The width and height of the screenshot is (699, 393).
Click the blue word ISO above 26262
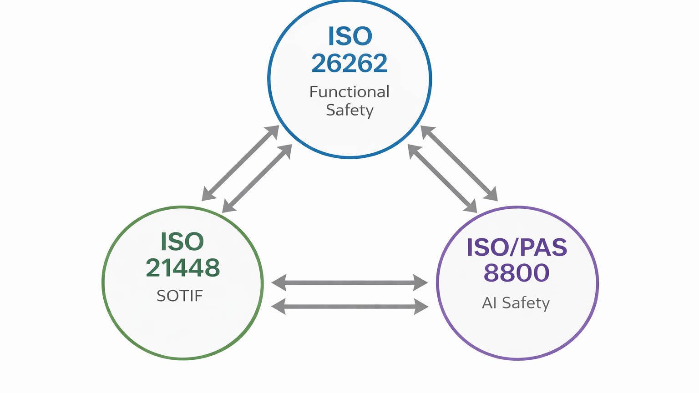click(350, 36)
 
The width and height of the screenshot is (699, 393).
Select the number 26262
click(349, 63)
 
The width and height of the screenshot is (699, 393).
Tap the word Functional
click(349, 92)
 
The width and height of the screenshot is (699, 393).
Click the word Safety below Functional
click(349, 111)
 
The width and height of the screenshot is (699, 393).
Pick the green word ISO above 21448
click(182, 242)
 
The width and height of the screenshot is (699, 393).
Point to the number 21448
click(183, 268)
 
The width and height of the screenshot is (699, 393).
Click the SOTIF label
click(180, 296)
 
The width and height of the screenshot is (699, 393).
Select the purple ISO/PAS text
click(517, 247)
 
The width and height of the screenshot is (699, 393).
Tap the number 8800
click(517, 273)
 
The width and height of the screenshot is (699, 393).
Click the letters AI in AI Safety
click(489, 303)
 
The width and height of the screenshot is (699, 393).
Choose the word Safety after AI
click(526, 303)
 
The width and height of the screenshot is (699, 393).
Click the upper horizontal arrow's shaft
click(349, 283)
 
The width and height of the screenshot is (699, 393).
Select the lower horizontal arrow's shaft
click(349, 307)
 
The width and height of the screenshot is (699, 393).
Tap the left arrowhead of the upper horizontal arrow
click(279, 283)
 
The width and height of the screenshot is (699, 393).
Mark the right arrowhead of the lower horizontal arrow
click(421, 307)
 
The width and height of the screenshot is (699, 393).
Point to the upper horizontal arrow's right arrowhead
click(420, 283)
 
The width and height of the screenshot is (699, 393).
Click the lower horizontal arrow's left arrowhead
click(278, 307)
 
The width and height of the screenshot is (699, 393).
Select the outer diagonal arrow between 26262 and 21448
click(240, 163)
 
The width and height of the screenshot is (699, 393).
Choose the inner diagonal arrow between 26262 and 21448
click(257, 178)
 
